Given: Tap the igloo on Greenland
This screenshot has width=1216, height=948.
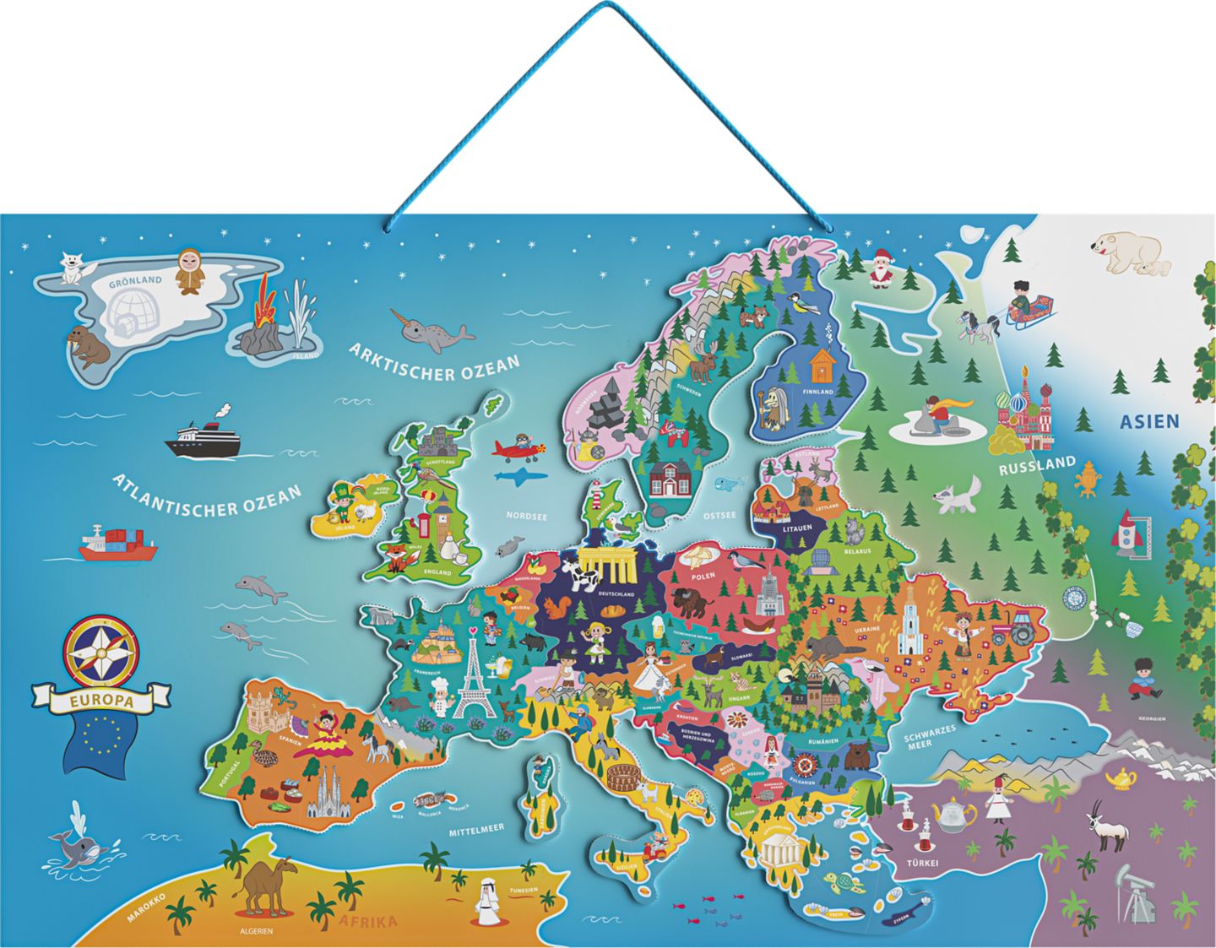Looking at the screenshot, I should click(133, 313).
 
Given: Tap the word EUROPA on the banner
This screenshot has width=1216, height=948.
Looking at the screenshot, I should click(100, 700).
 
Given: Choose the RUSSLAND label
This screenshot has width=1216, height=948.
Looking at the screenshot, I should click(1037, 466).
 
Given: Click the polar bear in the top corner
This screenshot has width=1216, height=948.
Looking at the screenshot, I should click(1129, 251).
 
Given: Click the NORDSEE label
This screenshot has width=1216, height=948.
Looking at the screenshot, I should click(527, 516).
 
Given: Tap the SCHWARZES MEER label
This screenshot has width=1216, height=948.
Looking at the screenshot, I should click(929, 739).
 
